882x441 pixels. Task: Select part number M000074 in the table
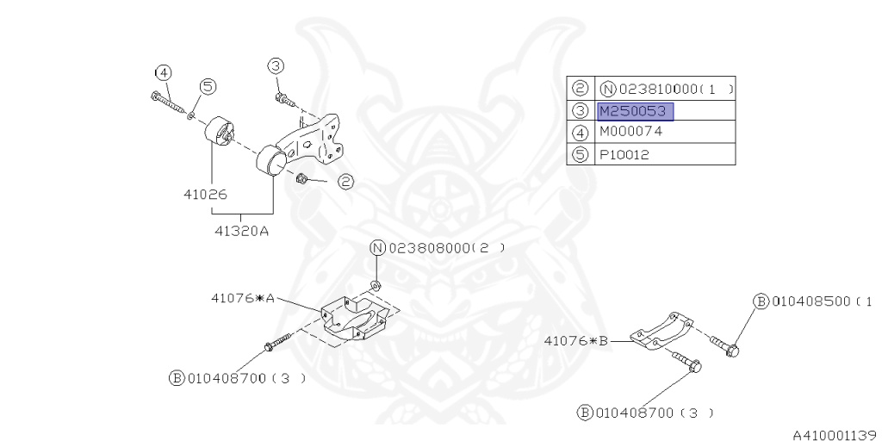[630, 133]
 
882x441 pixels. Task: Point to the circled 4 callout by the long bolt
[164, 72]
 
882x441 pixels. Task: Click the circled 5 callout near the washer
[208, 85]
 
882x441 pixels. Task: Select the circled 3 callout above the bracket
[275, 65]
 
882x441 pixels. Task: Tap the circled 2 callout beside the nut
[345, 182]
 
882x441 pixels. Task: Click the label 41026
[205, 195]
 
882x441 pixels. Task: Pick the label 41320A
[241, 230]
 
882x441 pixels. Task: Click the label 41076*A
[243, 298]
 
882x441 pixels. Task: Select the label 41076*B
[576, 341]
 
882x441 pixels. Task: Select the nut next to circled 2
[302, 178]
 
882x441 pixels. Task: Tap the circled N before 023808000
[378, 248]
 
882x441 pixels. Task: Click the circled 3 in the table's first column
[581, 111]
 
